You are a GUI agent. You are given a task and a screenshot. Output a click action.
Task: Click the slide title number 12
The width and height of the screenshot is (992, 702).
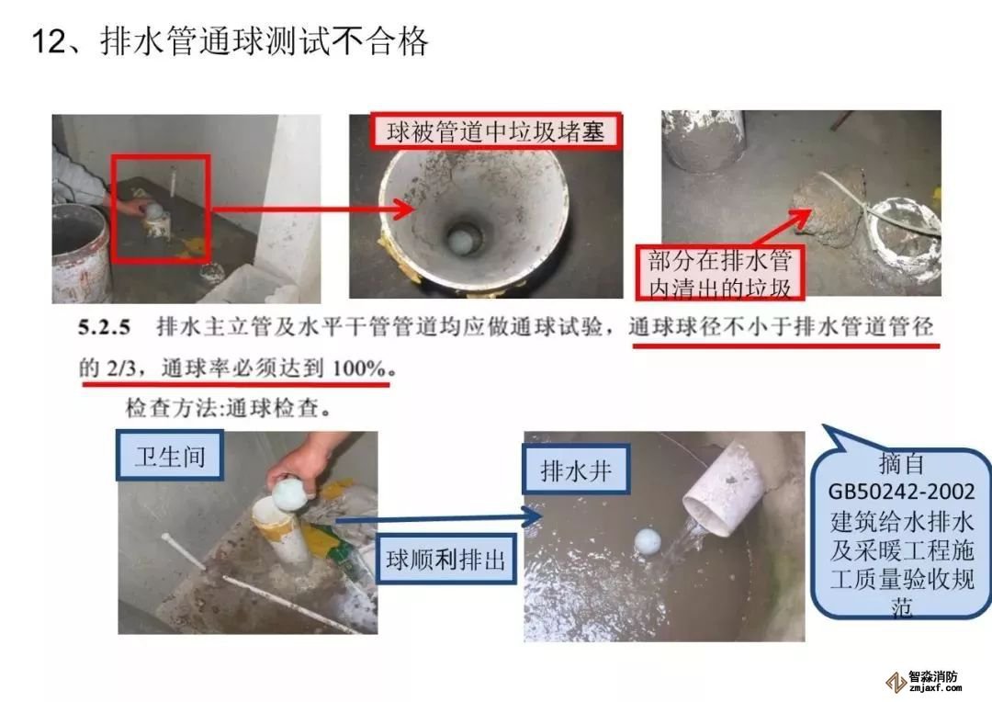coord(48,41)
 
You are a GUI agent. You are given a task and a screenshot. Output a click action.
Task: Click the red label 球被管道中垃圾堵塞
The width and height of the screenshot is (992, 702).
coord(495,131)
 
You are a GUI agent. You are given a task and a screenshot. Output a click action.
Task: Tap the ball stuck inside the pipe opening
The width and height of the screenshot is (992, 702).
coord(460,241)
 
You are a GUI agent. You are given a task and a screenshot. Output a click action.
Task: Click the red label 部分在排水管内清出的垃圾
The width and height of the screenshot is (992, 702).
coord(720,274)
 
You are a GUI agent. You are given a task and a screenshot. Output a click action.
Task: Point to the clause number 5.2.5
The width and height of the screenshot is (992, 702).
coord(105,327)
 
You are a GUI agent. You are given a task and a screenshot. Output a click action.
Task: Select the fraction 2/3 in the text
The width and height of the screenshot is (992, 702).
coord(121,368)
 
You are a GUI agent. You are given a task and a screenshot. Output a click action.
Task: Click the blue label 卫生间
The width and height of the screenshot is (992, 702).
coord(170,455)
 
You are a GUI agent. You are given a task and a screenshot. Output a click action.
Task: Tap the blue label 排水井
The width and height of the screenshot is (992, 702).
coord(576,470)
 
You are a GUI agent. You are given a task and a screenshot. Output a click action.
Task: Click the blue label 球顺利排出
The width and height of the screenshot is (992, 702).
coord(446,560)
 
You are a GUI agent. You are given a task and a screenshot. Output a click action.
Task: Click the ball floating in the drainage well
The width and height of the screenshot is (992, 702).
coord(648,542)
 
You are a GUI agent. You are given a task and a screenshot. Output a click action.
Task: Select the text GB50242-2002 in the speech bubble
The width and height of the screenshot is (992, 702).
coord(901,492)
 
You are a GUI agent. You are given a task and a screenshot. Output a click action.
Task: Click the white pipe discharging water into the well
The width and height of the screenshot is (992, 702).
coord(726,489)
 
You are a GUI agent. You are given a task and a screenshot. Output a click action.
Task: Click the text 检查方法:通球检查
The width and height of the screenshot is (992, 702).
coord(229,408)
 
